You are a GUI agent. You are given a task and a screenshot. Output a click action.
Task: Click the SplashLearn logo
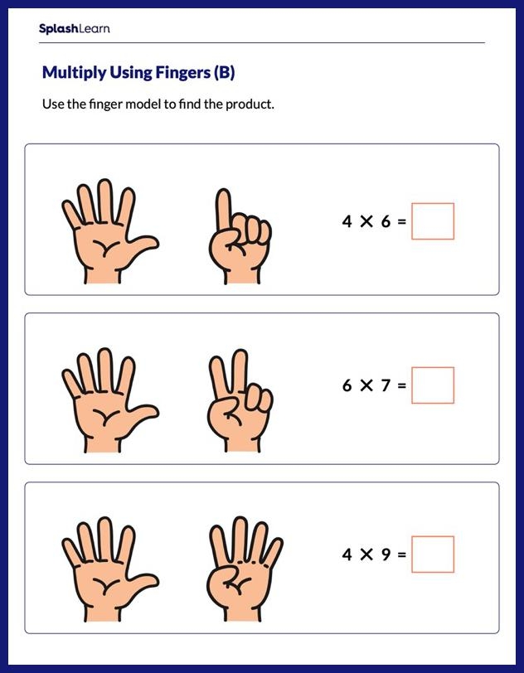(x=74, y=29)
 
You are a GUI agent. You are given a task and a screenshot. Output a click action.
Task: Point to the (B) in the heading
(x=225, y=73)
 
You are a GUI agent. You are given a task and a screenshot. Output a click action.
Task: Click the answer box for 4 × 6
(x=433, y=221)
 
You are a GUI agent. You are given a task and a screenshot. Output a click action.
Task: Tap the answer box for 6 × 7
(x=433, y=385)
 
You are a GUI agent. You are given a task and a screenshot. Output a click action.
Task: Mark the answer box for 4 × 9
(x=433, y=554)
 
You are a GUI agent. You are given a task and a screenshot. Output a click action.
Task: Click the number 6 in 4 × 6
(x=386, y=221)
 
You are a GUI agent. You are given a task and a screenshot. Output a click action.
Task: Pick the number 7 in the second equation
(x=386, y=385)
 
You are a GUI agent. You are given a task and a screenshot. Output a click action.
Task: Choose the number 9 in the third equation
(x=386, y=554)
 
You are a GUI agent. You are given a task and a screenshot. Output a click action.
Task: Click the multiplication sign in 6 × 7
(x=366, y=385)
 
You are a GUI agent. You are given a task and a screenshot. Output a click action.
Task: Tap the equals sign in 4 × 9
(x=402, y=554)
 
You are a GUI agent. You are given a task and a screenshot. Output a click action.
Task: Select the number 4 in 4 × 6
(x=347, y=221)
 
